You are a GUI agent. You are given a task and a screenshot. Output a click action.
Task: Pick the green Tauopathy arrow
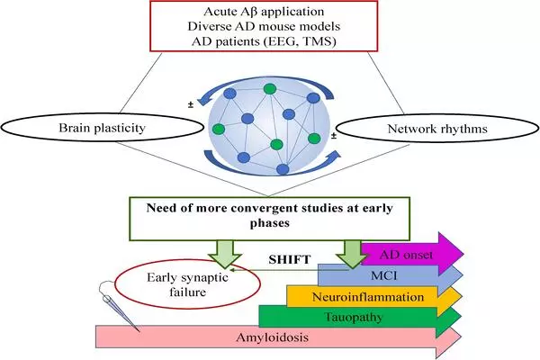point(360,316)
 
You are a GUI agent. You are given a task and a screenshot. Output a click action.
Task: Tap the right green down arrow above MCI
point(347,248)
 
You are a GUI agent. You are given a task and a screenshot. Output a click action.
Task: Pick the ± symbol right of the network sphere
point(334,136)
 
